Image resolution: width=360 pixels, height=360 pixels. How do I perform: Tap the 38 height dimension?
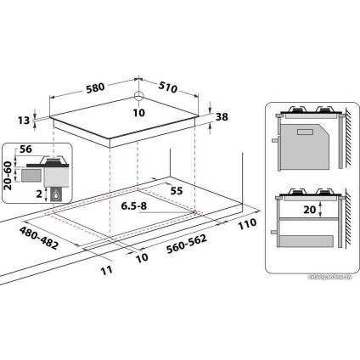click(x=222, y=119)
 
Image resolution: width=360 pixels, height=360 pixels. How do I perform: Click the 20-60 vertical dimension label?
click(x=8, y=177)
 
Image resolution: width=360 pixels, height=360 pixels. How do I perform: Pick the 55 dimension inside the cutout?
click(x=177, y=191)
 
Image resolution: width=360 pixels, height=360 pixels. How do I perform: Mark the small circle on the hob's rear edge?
click(x=138, y=96)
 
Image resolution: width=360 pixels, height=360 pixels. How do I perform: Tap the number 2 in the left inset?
click(x=40, y=194)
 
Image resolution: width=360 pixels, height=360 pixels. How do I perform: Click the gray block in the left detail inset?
click(x=32, y=174)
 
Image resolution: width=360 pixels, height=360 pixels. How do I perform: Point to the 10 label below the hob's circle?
click(x=138, y=112)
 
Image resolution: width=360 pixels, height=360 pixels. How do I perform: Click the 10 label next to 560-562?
click(x=141, y=257)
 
